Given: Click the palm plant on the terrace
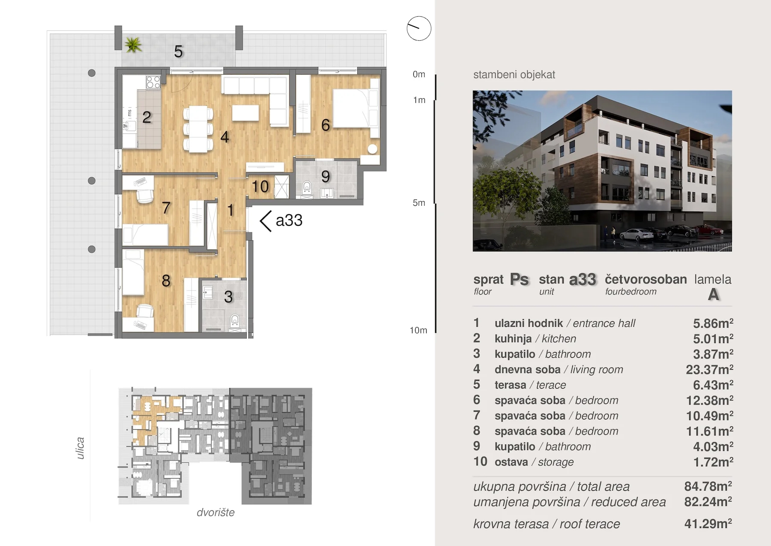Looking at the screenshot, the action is click(x=133, y=45).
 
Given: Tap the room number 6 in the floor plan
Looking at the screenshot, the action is click(x=326, y=125).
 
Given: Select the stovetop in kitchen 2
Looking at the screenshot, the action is click(x=153, y=82).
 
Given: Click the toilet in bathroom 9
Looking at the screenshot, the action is click(x=307, y=188).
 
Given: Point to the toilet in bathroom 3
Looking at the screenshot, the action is click(x=234, y=320).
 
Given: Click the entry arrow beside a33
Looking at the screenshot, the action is click(x=266, y=221).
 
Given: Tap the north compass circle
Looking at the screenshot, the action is click(x=419, y=28).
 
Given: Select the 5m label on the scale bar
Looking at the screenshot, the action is click(x=419, y=203).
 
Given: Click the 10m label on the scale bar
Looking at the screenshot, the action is click(x=418, y=330).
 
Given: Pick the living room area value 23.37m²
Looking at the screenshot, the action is click(x=709, y=369).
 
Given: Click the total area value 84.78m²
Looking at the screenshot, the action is click(x=708, y=486).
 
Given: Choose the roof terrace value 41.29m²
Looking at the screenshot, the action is click(x=708, y=524).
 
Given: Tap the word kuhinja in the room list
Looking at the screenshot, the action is click(x=513, y=339).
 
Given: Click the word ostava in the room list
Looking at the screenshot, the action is click(x=511, y=462).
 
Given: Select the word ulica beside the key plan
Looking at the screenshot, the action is click(x=80, y=448).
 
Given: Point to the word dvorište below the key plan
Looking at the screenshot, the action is click(x=215, y=513).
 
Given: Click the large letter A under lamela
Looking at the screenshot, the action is click(x=713, y=295).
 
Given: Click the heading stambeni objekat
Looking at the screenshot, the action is click(x=514, y=75).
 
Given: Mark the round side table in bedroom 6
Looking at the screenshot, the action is click(x=373, y=149).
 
